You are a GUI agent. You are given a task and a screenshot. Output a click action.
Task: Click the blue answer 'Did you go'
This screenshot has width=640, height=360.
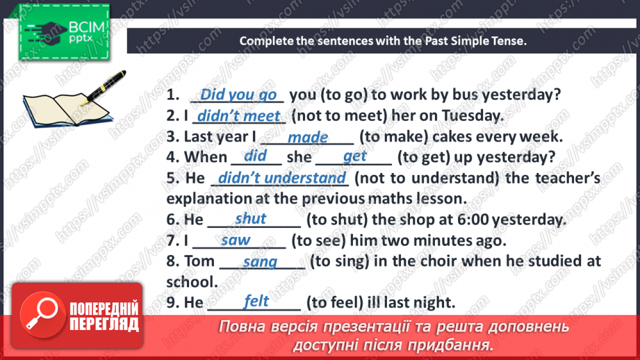[x=238, y=95]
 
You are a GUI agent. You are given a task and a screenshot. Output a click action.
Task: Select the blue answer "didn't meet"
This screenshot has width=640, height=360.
[x=239, y=116]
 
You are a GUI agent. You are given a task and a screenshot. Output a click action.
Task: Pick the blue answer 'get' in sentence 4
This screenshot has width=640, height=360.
[x=354, y=156]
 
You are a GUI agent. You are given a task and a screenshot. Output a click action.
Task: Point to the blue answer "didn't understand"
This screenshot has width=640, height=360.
[x=281, y=178]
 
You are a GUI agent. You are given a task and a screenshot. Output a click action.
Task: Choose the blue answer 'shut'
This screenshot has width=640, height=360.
[x=250, y=219]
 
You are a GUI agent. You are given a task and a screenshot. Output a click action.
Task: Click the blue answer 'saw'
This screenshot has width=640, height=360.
[x=236, y=240]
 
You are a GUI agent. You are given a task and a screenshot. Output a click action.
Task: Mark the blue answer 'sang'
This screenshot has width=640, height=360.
[x=260, y=261]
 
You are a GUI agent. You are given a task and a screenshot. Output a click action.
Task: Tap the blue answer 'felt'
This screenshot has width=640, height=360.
[x=256, y=301]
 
